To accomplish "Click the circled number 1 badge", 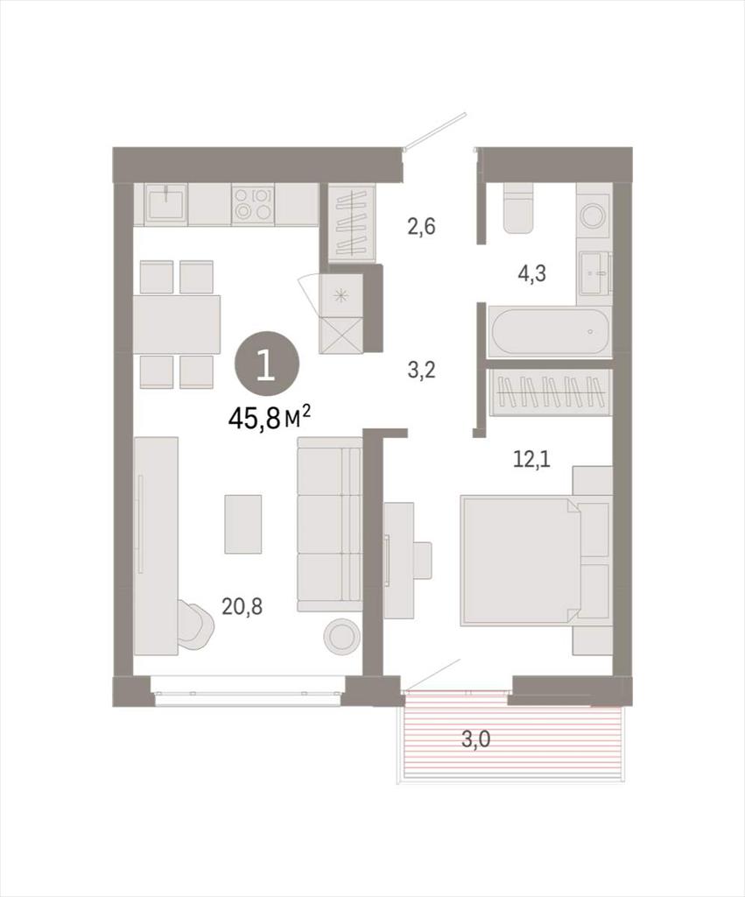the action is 266,367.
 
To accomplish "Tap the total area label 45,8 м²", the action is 270,418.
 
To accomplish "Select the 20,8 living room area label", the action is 242,606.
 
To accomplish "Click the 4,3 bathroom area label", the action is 531,273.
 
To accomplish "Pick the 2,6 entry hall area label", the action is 421,227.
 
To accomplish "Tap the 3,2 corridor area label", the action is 421,371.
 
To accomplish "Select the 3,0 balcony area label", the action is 475,739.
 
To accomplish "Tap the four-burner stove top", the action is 253,204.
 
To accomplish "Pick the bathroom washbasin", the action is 594,273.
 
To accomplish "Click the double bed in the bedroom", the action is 521,560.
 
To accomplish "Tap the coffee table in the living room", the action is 243,524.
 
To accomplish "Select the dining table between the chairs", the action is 177,324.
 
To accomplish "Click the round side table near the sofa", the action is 341,635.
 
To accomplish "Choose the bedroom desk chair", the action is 423,561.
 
